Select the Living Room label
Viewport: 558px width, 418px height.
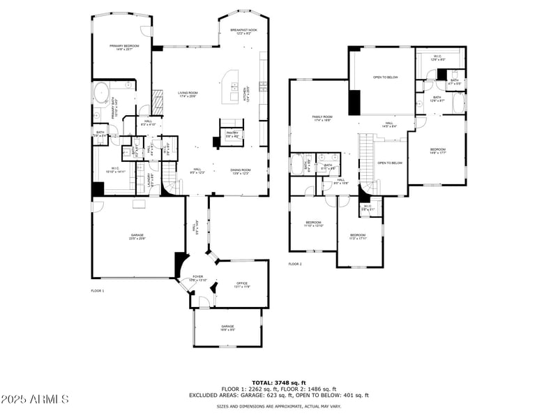(x=188, y=94)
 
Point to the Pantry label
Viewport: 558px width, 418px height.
(x=232, y=134)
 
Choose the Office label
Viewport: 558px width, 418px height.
(x=242, y=284)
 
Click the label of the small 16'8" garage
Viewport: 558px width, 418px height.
(x=227, y=327)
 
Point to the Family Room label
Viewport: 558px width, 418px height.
(x=322, y=118)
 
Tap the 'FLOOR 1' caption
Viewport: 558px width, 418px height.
(x=98, y=290)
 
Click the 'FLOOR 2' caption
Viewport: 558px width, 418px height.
(x=295, y=264)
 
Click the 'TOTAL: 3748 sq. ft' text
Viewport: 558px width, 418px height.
(x=278, y=383)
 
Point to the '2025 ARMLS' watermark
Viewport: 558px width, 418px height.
(x=35, y=399)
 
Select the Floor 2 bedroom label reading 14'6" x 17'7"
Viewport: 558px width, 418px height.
(x=437, y=151)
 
